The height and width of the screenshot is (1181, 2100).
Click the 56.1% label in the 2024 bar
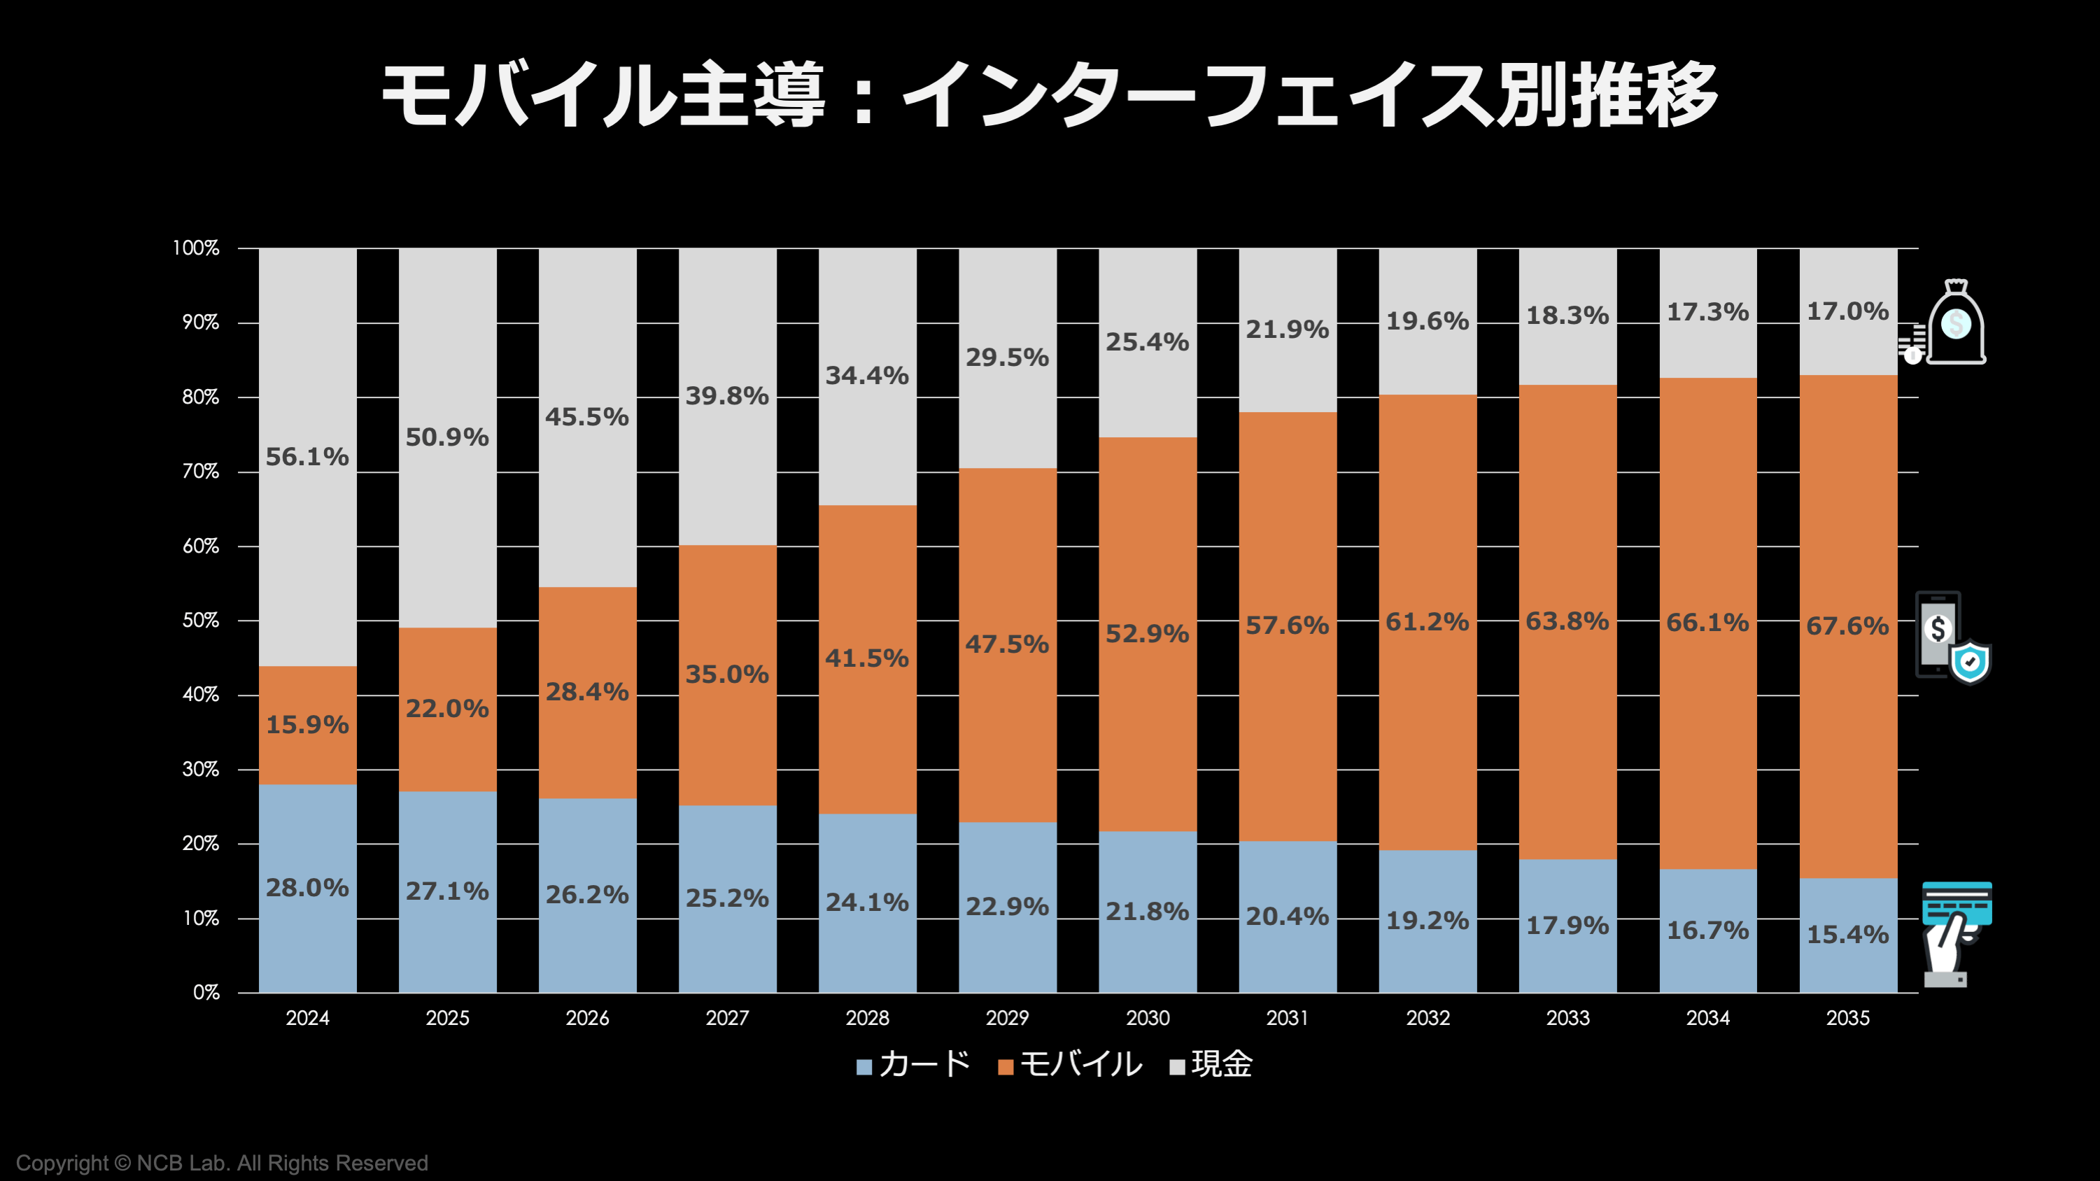click(307, 458)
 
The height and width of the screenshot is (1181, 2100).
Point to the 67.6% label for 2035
click(1847, 626)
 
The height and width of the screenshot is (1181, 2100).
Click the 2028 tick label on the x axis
click(868, 1018)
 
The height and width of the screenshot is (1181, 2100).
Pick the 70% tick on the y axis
click(201, 472)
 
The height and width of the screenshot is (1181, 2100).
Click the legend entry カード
click(914, 1064)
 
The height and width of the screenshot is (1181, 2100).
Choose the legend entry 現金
click(1211, 1064)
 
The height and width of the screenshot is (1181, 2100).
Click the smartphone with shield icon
click(1952, 638)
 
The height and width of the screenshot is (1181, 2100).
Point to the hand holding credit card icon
click(1955, 934)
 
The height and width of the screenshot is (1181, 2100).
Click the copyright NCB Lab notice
click(222, 1163)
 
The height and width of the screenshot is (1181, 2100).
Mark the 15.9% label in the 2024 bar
click(307, 725)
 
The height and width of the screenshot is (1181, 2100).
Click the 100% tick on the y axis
click(197, 248)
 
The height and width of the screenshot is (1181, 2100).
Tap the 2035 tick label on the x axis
click(1847, 1018)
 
